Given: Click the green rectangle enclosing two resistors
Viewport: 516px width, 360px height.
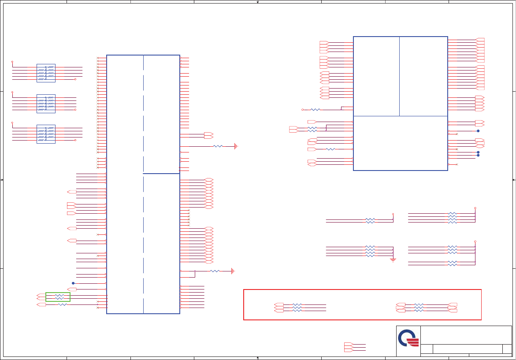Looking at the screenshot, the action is [x=58, y=297].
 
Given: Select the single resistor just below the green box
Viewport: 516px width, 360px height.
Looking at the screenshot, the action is [x=63, y=304].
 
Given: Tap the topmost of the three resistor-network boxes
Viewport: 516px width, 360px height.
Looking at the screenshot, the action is [x=46, y=73].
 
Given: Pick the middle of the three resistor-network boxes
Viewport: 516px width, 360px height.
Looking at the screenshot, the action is [x=46, y=104].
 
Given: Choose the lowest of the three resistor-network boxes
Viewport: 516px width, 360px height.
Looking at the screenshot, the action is [x=46, y=134].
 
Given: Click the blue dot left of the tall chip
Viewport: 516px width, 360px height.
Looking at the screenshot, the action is [x=73, y=283].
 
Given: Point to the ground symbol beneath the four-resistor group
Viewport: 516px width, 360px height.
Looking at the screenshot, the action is [x=393, y=260].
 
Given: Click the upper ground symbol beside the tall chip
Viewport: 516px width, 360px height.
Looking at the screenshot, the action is [x=236, y=146].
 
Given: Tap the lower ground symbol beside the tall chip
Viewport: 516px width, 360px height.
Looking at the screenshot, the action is [x=233, y=271].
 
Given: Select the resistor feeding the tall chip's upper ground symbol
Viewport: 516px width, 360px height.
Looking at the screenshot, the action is [x=218, y=146].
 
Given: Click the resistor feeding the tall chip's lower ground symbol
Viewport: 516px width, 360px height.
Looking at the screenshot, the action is [x=215, y=271].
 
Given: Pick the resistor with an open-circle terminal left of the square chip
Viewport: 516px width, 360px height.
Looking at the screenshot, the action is [x=315, y=110].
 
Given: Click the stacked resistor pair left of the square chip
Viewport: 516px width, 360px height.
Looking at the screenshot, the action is [x=312, y=129].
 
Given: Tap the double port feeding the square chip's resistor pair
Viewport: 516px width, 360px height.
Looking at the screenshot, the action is [x=293, y=129].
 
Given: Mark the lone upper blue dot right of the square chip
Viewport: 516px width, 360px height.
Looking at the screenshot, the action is [x=478, y=131].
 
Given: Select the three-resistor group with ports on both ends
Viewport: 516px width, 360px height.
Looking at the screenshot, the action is [x=419, y=308].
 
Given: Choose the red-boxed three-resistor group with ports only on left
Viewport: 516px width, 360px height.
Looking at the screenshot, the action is [x=297, y=308].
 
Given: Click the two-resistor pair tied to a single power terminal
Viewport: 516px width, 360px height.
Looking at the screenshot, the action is [x=370, y=220].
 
